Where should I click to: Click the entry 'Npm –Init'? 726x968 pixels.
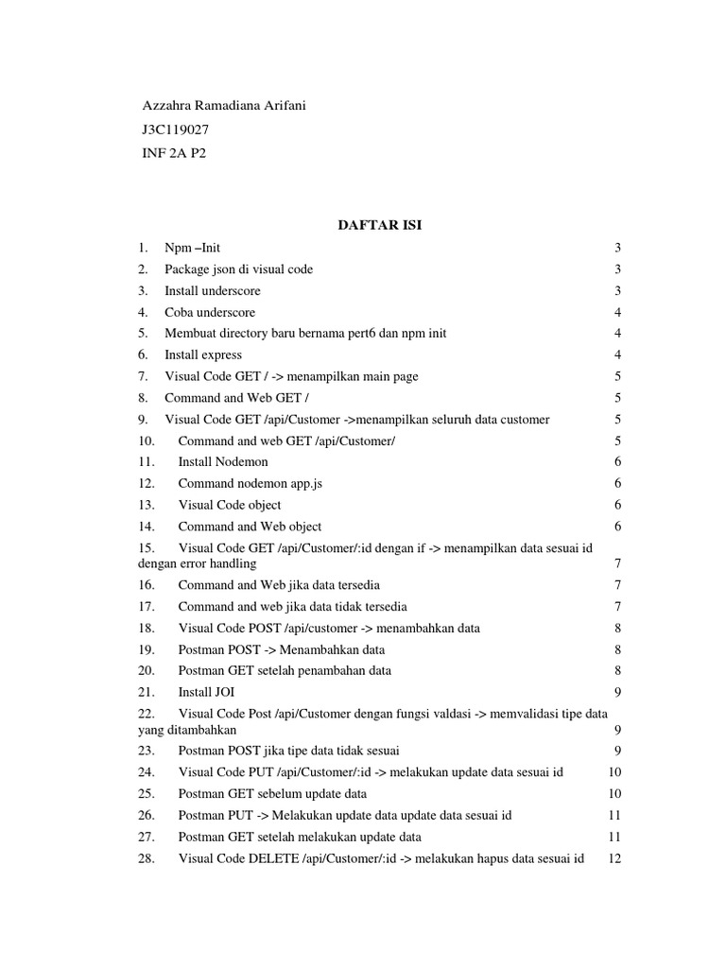pos(192,248)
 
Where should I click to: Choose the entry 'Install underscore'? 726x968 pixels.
pos(212,291)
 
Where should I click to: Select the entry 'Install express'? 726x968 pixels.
pos(202,354)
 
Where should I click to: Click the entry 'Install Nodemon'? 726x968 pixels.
pos(223,461)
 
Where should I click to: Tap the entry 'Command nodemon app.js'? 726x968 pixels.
pos(251,483)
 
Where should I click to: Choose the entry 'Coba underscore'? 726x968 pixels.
pos(210,312)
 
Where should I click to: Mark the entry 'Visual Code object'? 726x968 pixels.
pos(230,505)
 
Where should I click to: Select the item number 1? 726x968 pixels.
pos(142,248)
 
